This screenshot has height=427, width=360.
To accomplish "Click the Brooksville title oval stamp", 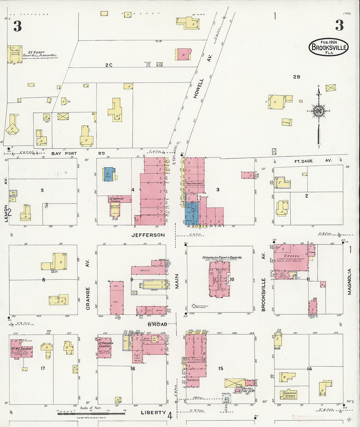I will (329, 47).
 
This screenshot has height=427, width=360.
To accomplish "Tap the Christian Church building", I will (290, 395).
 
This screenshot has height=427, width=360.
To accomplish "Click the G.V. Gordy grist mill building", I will (15, 54).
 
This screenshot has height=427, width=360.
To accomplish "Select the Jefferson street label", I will (148, 235).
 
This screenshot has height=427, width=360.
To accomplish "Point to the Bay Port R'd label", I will (64, 153).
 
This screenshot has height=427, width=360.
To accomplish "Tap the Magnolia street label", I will (349, 282).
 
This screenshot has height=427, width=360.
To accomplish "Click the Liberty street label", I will (153, 413).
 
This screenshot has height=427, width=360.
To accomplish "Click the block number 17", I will (43, 368).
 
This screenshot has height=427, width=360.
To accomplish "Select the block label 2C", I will (109, 65).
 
